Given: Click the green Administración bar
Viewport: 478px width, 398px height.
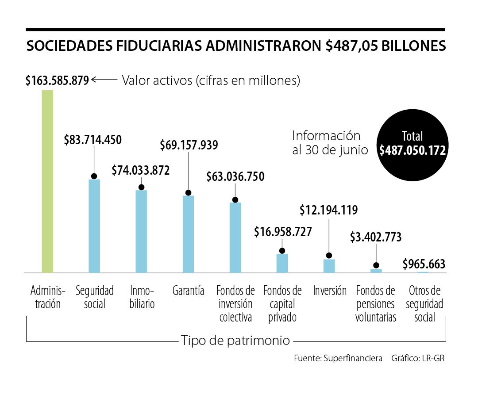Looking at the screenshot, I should [x=47, y=181].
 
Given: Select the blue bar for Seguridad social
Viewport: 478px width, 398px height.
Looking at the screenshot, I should [x=94, y=226].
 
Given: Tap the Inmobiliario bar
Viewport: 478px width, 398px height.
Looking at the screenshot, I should [x=141, y=231].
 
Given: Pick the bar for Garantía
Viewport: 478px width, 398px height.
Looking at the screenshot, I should [x=188, y=234].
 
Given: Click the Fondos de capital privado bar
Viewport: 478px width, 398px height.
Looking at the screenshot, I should [x=282, y=263].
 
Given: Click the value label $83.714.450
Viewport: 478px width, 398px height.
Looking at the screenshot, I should [x=93, y=140].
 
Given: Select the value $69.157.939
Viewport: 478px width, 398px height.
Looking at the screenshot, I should [x=189, y=145].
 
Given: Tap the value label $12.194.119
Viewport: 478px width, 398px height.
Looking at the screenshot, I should [x=328, y=210].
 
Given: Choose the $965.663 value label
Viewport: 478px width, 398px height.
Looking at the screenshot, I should [x=424, y=264].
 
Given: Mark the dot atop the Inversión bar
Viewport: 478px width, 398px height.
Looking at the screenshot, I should [x=329, y=256].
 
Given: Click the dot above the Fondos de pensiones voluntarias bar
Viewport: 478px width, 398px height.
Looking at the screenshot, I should [x=376, y=265].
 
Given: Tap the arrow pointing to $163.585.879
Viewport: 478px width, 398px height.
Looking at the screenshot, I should [x=104, y=80].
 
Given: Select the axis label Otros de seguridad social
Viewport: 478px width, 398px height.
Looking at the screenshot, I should [x=425, y=304].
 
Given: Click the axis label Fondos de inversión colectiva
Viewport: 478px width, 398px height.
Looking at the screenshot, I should [x=235, y=304].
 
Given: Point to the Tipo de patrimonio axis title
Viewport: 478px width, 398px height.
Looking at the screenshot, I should [x=235, y=341].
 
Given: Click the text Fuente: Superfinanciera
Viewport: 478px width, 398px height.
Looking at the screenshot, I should [x=338, y=358].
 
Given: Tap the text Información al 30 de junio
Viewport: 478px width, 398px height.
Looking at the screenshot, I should [x=330, y=143].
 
